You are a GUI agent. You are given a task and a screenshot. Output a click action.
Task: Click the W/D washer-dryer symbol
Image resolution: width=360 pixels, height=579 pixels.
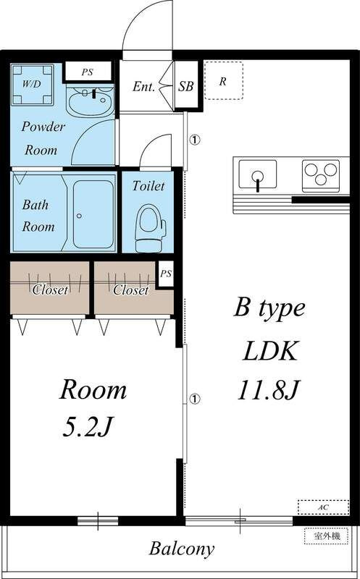click(32, 85)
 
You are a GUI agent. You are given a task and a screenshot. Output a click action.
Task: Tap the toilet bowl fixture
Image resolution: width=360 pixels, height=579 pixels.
click(150, 228)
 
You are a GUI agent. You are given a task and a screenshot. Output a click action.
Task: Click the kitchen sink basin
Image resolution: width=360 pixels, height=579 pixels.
click(258, 174)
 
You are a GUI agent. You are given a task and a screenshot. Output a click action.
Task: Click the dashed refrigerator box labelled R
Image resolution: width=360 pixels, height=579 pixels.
click(224, 80)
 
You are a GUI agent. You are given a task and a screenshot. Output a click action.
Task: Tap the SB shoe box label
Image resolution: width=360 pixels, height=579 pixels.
click(185, 87)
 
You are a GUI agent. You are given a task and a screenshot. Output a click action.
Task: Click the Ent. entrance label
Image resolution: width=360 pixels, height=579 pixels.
click(143, 87)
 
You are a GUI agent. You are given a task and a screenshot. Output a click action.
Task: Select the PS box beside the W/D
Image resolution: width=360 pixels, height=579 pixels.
click(87, 72)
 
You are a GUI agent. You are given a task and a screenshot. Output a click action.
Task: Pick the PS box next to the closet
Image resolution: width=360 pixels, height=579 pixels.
click(166, 274)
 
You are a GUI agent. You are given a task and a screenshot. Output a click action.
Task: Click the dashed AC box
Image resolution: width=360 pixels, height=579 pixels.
click(323, 507)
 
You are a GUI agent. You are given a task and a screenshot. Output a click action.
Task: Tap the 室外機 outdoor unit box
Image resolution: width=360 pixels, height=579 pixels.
click(327, 536)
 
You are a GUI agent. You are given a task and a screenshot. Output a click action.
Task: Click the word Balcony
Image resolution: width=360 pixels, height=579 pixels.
click(182, 549)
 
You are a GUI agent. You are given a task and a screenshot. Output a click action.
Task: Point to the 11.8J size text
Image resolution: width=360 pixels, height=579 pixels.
click(267, 390)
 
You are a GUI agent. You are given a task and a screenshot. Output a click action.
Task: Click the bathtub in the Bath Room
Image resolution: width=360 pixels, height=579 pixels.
click(93, 214)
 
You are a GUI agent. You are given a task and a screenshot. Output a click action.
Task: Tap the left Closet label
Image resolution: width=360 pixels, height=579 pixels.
click(50, 290)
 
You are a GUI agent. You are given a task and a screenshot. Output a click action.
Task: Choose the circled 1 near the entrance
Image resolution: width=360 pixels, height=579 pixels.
click(194, 140)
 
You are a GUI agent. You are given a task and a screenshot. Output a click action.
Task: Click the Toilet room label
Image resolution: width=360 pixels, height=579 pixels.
click(148, 186)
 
